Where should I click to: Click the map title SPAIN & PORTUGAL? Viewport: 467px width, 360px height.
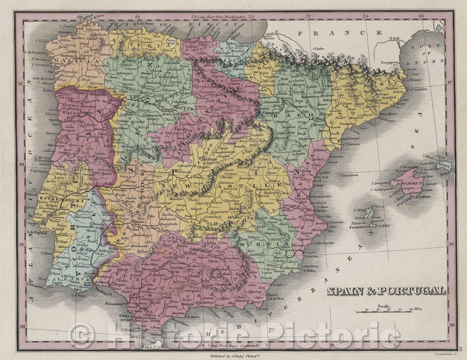(x=386, y=291)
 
